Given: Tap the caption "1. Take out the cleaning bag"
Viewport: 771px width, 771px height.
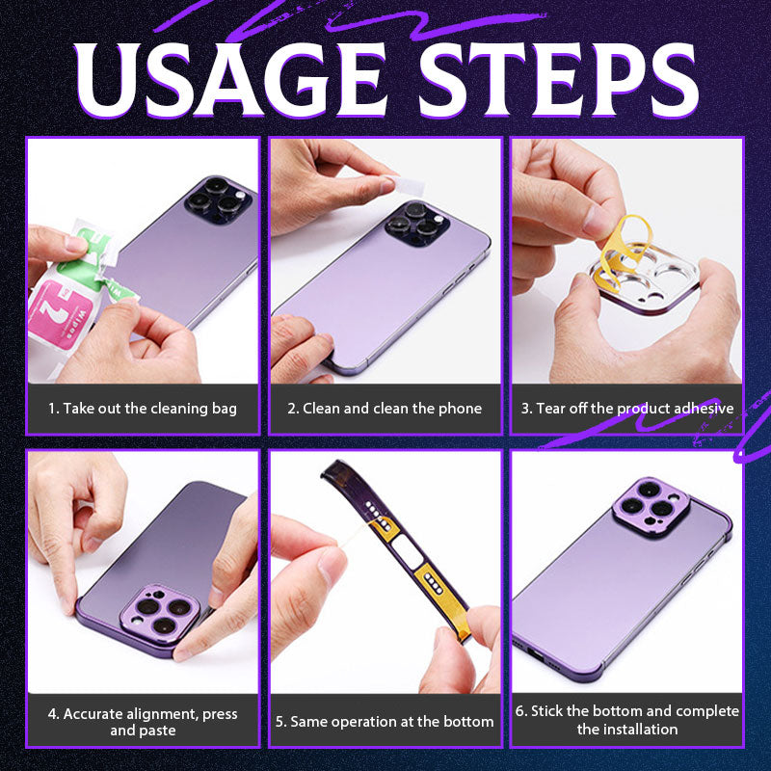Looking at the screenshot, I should click(x=143, y=409).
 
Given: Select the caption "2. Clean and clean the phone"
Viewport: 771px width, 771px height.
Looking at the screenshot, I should click(x=385, y=409).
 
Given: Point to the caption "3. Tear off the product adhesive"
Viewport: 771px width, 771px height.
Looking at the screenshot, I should click(x=627, y=409).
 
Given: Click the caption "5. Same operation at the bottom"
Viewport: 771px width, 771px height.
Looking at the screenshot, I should click(x=385, y=721).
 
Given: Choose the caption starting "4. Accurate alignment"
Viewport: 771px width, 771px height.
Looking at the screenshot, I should click(x=143, y=722).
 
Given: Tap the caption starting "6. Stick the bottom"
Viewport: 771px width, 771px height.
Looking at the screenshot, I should click(x=627, y=720).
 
